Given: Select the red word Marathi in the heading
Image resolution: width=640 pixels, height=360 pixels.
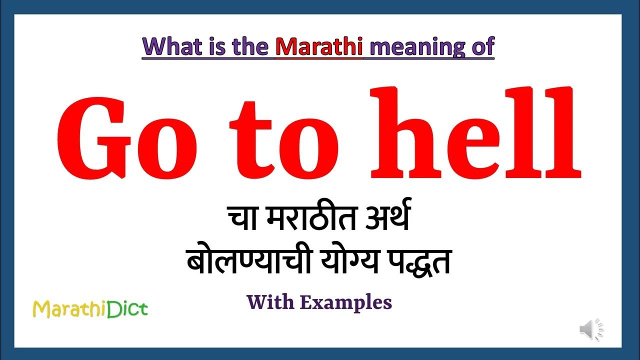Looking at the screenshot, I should [318, 46].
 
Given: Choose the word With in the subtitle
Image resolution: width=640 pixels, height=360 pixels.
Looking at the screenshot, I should [270, 302].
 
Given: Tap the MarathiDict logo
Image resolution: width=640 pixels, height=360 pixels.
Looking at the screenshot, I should [90, 309].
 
